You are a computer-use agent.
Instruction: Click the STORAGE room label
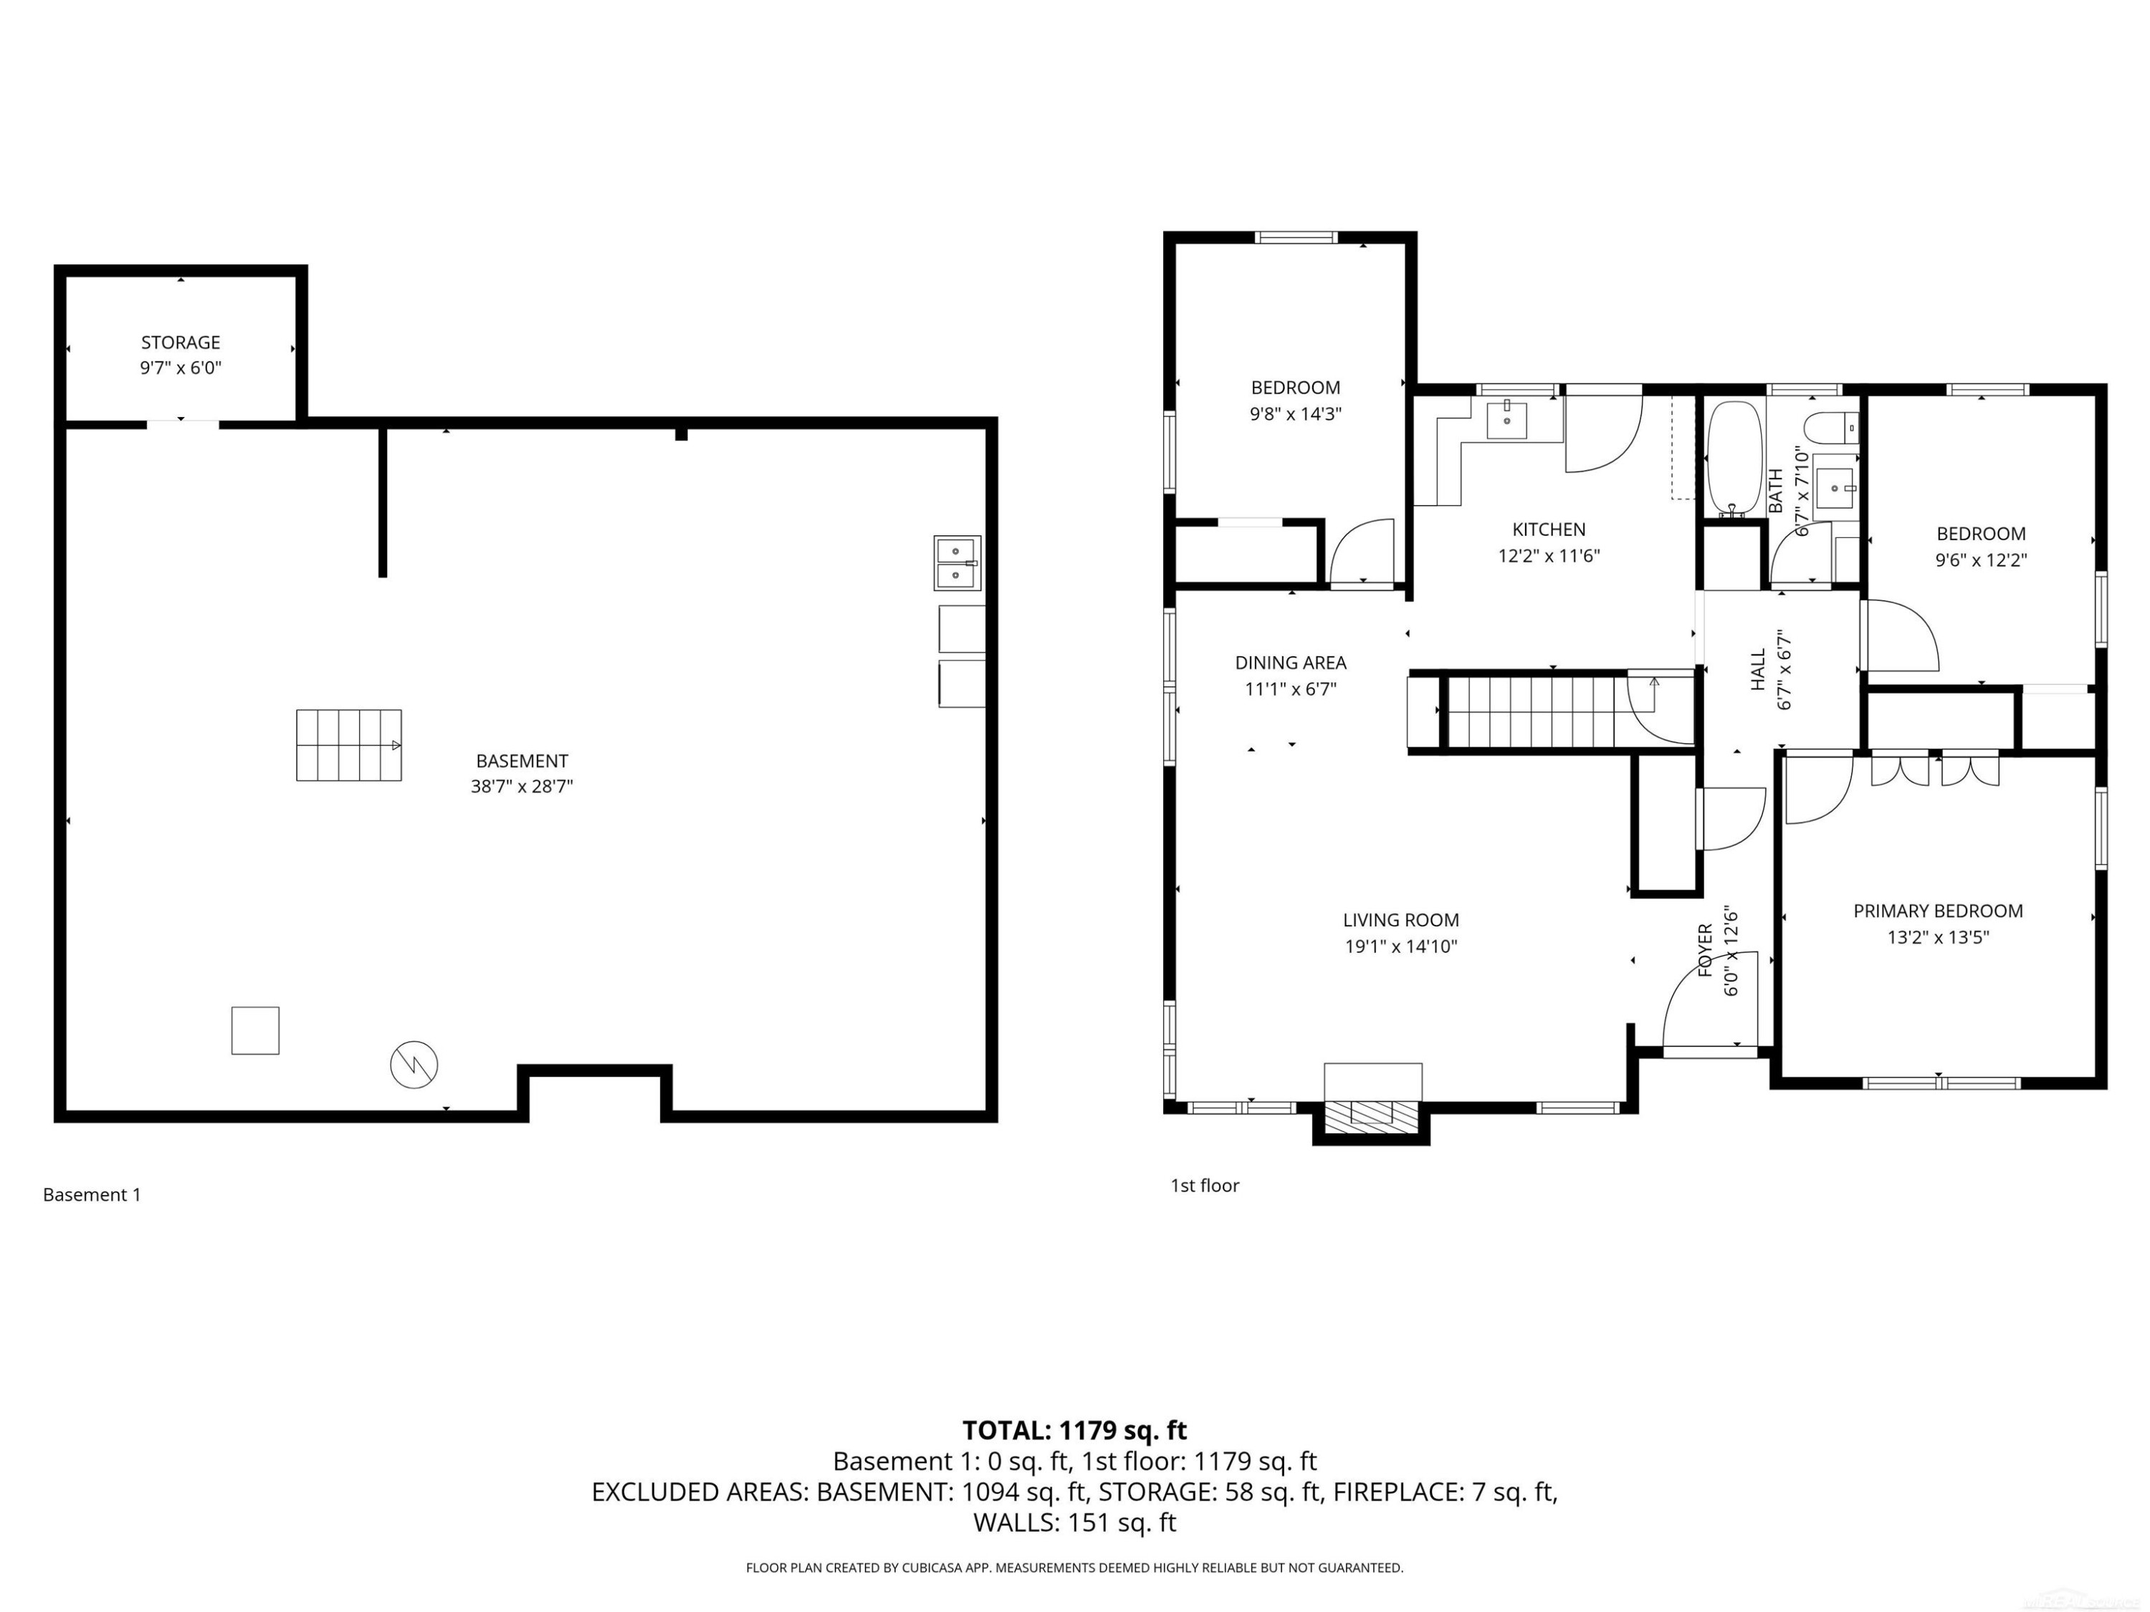[181, 342]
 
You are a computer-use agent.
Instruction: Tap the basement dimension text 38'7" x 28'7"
[522, 786]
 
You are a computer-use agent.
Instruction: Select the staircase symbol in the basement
[349, 745]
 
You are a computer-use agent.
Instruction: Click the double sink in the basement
[957, 564]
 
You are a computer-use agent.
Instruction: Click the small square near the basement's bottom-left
[256, 1030]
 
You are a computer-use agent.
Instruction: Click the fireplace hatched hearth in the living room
[1372, 1113]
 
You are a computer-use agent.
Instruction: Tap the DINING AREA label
[1291, 663]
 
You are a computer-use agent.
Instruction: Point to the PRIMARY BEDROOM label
[1938, 911]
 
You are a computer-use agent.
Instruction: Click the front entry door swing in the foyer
[1711, 1001]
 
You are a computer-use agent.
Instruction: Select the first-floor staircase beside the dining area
[1552, 712]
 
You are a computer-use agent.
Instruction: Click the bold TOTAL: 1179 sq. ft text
[1075, 1430]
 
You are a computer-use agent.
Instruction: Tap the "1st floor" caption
[1205, 1186]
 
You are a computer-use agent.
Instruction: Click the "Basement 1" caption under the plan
[92, 1195]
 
